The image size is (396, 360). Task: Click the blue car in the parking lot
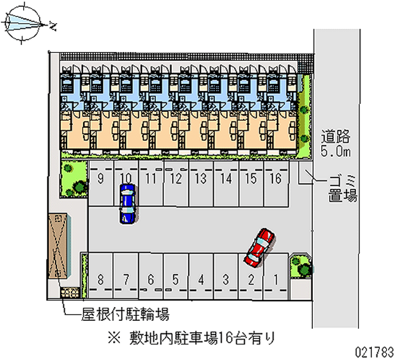127,204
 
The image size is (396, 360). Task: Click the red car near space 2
259,246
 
